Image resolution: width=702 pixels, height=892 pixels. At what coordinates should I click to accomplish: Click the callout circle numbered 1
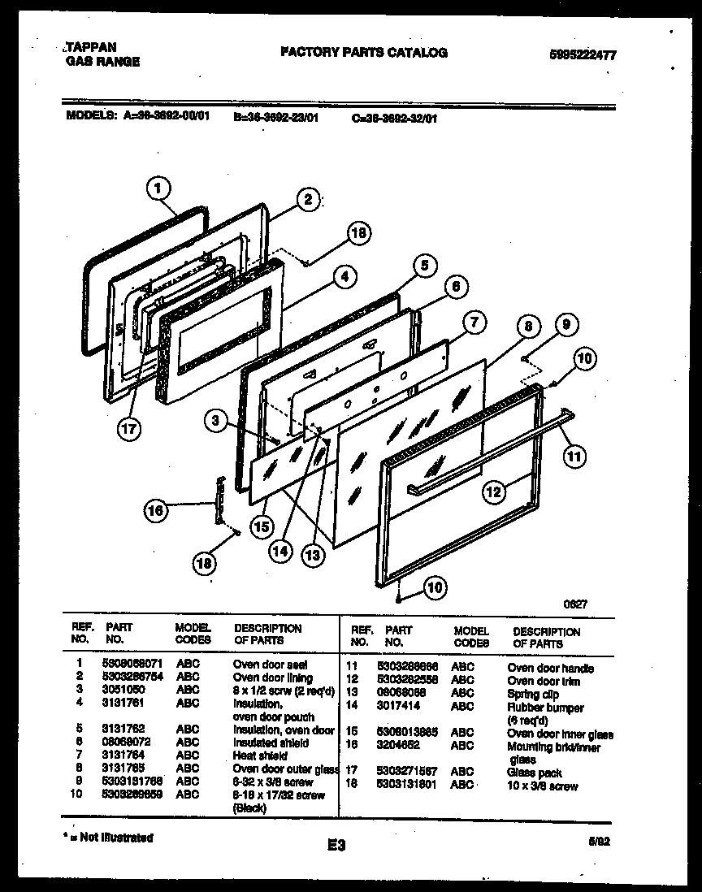[x=159, y=189]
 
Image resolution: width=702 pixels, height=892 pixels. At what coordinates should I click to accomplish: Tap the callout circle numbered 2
[x=305, y=200]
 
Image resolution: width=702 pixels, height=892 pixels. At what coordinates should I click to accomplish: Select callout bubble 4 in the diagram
[x=345, y=276]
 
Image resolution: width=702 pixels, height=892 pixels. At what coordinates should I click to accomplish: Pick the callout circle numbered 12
[x=493, y=490]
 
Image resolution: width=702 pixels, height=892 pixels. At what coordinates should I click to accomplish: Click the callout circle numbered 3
[x=216, y=420]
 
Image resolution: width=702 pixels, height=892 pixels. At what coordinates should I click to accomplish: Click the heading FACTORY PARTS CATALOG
[x=363, y=53]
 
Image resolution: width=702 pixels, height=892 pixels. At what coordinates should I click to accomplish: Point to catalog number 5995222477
[x=583, y=55]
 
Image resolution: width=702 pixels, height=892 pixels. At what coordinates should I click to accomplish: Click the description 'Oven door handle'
[x=550, y=669]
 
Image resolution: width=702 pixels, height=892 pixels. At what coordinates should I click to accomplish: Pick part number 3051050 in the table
[x=120, y=690]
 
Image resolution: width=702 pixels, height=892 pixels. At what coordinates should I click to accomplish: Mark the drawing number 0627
[x=576, y=604]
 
